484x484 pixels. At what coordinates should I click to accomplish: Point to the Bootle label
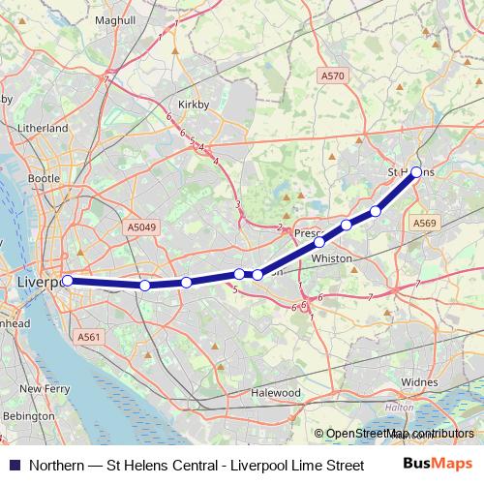(44, 179)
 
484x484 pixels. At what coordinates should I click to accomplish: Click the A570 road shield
(333, 75)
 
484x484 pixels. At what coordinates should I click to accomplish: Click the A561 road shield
(89, 336)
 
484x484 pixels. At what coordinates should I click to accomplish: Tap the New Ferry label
(43, 388)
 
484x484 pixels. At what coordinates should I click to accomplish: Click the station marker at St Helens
(416, 172)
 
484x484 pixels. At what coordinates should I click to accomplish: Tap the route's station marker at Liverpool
(68, 281)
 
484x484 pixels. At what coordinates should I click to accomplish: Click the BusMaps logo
(438, 465)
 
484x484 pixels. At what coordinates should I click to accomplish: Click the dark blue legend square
(14, 465)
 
